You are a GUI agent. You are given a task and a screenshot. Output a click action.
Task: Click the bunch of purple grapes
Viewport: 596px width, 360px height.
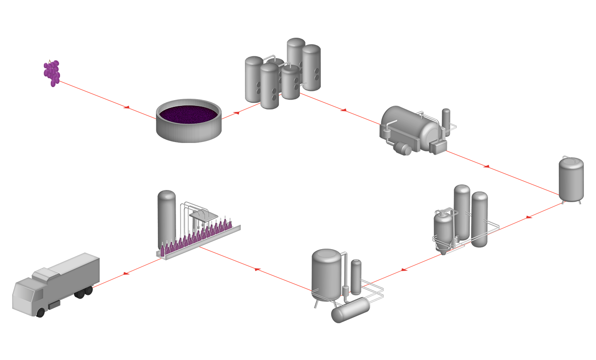52,73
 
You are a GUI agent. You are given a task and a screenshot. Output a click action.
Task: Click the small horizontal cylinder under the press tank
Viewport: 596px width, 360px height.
402,149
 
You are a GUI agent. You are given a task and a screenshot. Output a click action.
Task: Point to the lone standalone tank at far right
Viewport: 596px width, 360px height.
571,180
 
